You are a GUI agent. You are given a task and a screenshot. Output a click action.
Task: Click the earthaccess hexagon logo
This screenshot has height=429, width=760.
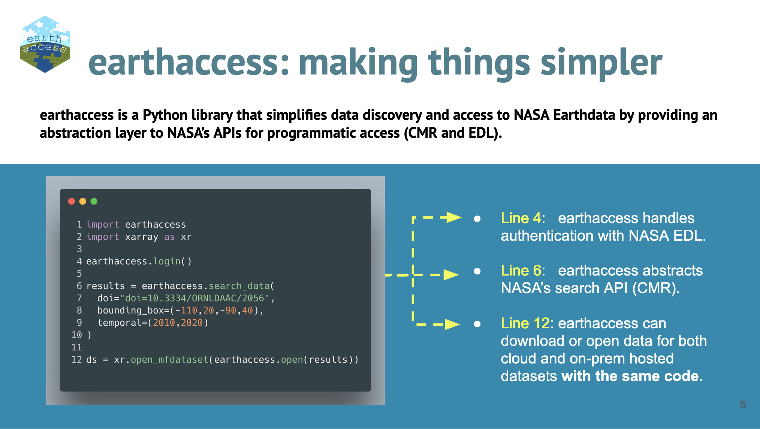(45, 44)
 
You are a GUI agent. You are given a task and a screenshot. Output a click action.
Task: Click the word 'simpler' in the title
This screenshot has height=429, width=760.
(601, 63)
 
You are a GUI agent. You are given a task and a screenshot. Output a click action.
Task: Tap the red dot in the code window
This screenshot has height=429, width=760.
(72, 201)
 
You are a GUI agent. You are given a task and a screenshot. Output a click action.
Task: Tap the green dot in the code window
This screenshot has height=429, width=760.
(94, 201)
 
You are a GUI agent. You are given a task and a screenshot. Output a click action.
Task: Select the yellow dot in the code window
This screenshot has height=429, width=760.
(83, 201)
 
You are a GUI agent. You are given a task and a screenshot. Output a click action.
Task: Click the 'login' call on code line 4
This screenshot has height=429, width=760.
(167, 261)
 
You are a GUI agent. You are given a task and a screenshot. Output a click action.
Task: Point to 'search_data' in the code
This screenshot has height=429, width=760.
(239, 286)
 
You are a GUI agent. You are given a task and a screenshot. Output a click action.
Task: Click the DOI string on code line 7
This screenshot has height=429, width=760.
(194, 298)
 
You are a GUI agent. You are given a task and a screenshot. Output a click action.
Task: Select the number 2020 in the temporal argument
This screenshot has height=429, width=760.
(191, 323)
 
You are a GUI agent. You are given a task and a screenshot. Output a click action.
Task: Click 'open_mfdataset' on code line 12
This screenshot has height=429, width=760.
(169, 360)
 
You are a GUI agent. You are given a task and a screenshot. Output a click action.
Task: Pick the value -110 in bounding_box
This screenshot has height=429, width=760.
(186, 311)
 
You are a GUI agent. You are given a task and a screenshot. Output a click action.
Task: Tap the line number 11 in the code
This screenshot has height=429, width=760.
(76, 347)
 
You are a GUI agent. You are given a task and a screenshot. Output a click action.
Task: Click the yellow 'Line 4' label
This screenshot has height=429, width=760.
(522, 218)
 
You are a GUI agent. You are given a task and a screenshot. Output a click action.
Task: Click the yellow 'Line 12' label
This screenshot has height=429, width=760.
(525, 323)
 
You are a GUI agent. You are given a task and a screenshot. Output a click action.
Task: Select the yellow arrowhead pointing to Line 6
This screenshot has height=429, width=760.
(451, 275)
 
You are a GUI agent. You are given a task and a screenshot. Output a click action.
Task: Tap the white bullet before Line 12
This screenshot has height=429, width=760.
(477, 324)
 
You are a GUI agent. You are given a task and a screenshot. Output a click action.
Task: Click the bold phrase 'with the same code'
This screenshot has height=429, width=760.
(630, 376)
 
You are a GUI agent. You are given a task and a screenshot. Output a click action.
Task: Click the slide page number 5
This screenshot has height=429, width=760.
(743, 405)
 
